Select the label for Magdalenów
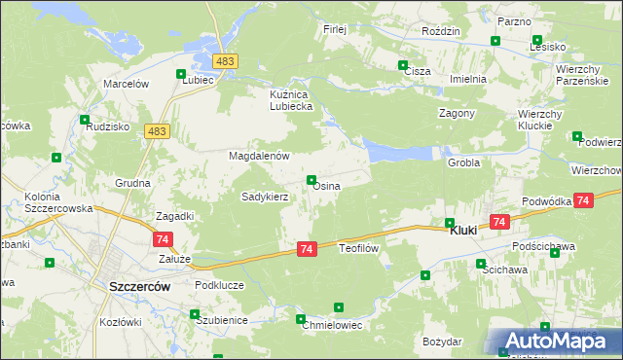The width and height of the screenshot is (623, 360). (x=260, y=156)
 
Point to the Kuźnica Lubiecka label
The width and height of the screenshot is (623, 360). (x=291, y=100)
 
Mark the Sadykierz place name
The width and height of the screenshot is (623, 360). (x=265, y=196)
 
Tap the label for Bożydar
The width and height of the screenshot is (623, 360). (x=442, y=342)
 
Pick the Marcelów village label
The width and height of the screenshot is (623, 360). (x=125, y=85)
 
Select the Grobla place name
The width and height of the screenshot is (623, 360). (x=463, y=162)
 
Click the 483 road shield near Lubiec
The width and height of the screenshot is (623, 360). (x=226, y=61)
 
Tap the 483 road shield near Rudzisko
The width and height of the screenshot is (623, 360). (x=156, y=130)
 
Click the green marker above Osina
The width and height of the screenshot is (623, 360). (x=311, y=180)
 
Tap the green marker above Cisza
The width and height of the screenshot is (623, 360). (x=404, y=65)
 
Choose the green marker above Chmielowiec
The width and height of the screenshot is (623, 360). (x=339, y=307)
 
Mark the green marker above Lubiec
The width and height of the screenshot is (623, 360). (x=181, y=74)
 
